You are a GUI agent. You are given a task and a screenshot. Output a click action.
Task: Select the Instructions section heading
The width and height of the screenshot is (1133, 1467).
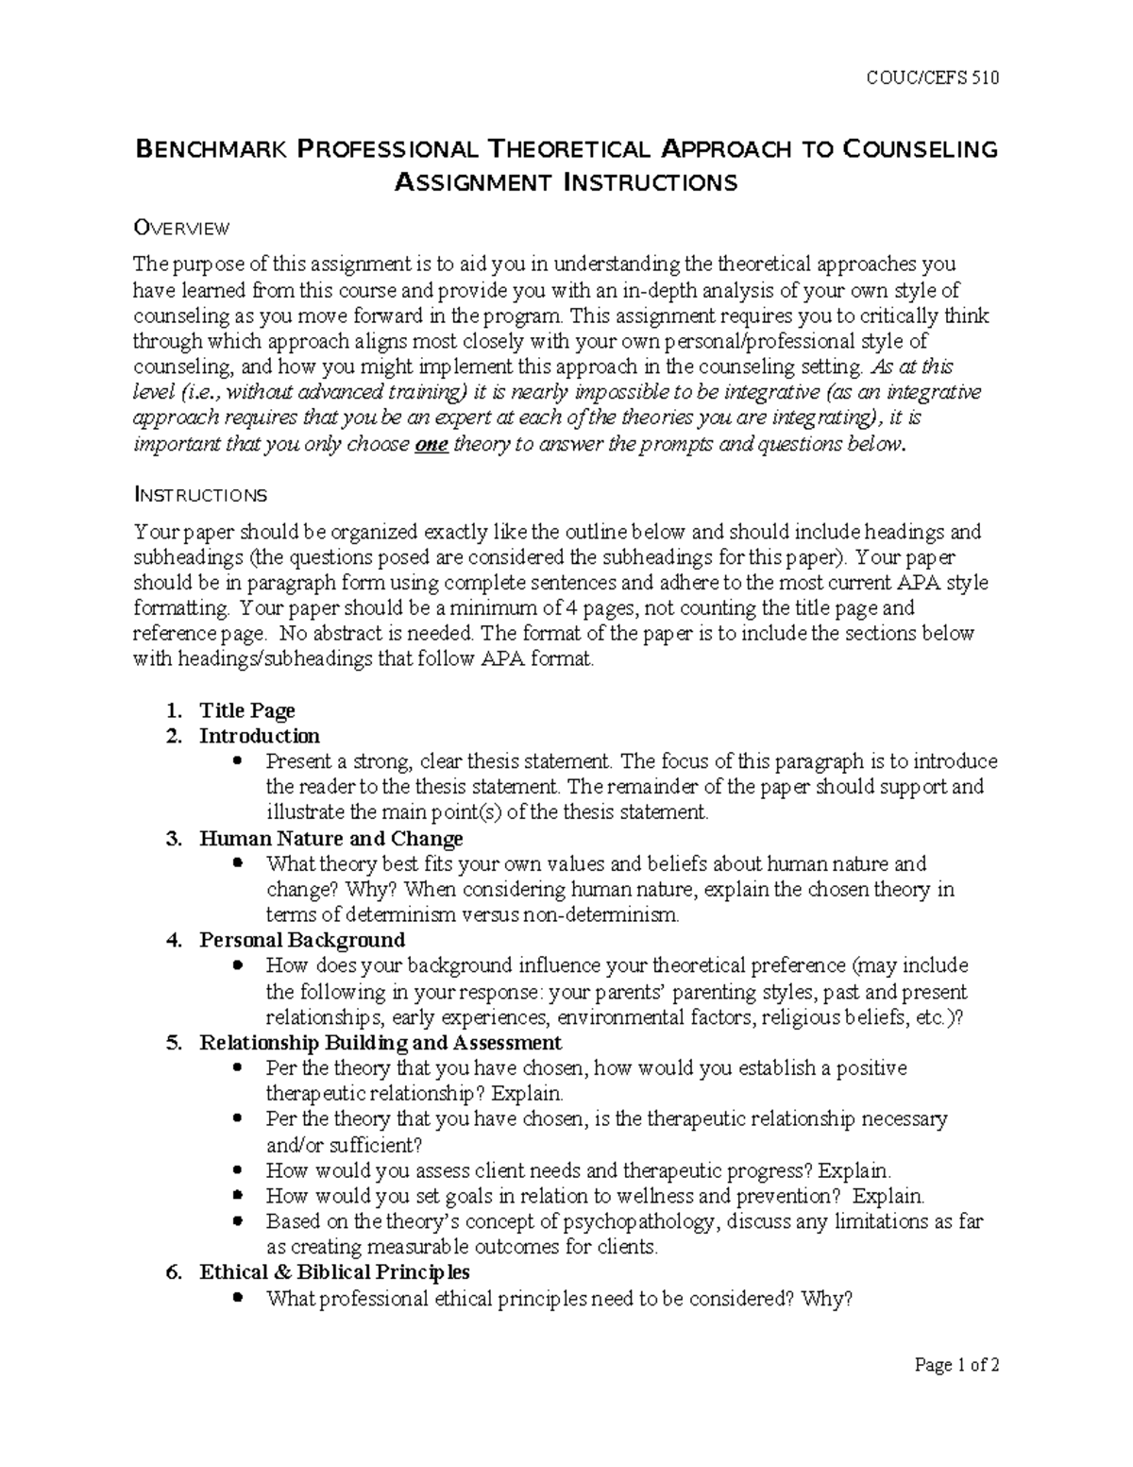coord(200,495)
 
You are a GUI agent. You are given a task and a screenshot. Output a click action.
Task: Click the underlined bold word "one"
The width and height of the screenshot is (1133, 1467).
coord(431,445)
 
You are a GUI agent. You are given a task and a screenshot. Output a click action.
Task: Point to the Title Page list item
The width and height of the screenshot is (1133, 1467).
coord(246,710)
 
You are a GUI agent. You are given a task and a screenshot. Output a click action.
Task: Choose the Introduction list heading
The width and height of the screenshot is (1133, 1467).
coord(259,736)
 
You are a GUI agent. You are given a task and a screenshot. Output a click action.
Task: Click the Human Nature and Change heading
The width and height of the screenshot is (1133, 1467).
coord(330,838)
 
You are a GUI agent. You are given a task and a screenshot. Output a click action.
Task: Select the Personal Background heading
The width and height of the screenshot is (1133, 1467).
coord(301,940)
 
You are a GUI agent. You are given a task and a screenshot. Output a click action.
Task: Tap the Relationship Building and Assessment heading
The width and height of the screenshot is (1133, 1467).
coord(380,1043)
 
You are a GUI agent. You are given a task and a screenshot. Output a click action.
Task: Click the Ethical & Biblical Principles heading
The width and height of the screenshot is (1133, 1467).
coord(334,1272)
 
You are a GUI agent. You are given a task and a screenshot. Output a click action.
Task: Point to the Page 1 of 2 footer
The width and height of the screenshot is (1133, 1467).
coord(956,1364)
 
